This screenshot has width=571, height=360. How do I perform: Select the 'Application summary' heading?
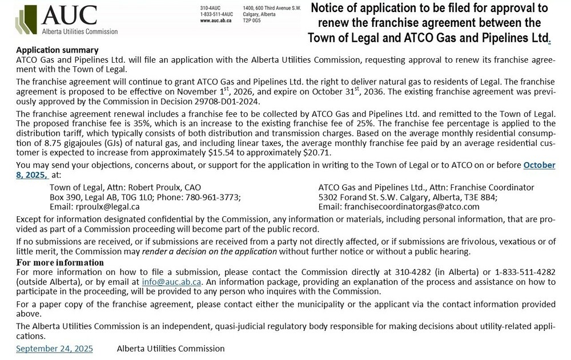click(57, 50)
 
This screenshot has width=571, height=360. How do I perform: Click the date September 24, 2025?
click(54, 348)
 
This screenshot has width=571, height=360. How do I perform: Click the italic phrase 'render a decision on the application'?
click(225, 252)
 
